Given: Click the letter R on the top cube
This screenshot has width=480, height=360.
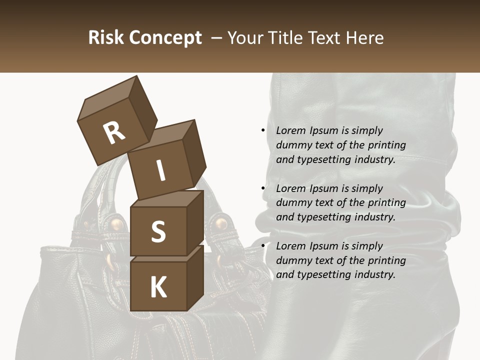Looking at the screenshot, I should (x=114, y=132).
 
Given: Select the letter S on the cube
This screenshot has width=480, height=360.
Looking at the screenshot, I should (x=158, y=231).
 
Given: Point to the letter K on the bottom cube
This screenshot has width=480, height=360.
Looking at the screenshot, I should (x=158, y=287).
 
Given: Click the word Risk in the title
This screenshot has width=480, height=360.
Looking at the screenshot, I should (x=106, y=37).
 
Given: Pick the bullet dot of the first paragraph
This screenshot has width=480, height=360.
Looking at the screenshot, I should (x=263, y=130).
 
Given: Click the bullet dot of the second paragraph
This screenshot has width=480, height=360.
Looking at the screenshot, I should (x=263, y=188).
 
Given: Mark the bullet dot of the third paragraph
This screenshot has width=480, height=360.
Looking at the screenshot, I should (x=263, y=246).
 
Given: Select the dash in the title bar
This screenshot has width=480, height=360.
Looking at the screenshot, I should (x=217, y=37).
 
